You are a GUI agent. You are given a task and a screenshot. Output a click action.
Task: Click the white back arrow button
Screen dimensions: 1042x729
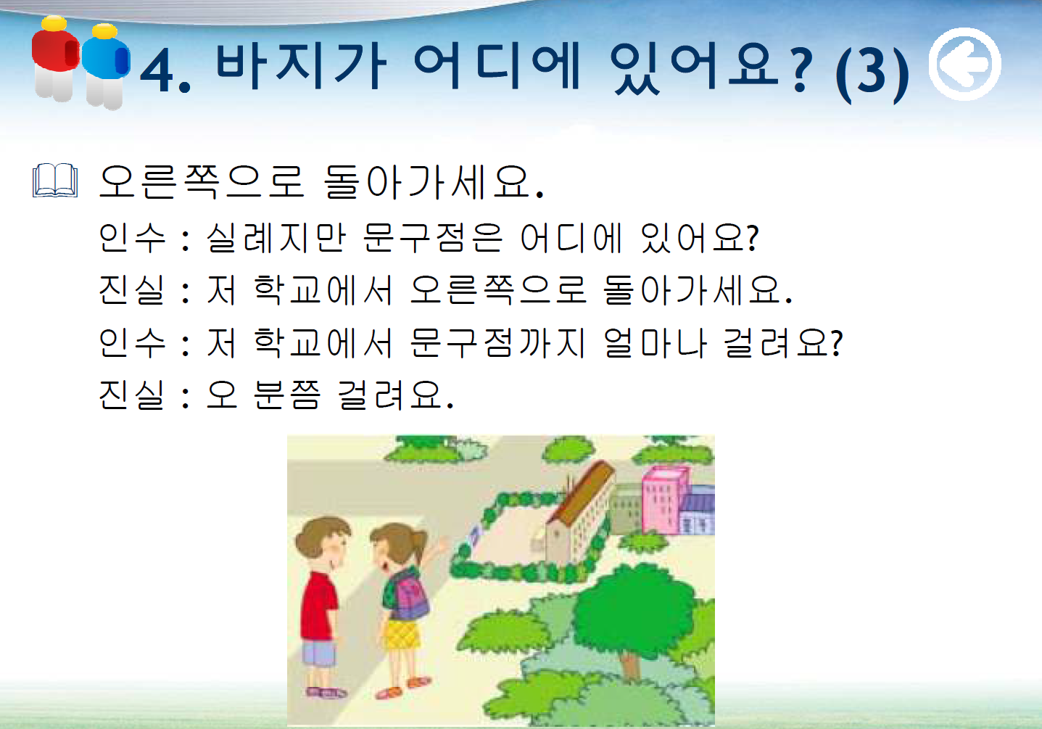[x=965, y=65]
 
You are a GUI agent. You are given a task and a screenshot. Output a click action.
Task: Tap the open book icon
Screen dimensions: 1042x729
[x=55, y=180]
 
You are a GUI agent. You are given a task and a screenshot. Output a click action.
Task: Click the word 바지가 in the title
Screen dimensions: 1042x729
[x=301, y=65]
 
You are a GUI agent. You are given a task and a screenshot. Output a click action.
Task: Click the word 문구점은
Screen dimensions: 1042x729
[x=433, y=237]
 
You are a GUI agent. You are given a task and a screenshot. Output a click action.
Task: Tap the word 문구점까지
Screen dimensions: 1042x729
[x=497, y=343]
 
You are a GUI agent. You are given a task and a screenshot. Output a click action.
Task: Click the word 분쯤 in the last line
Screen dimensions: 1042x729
[x=287, y=395]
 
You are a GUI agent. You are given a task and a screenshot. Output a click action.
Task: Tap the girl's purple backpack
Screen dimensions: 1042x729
[x=410, y=596]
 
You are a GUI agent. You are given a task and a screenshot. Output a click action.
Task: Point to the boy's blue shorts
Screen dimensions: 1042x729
[x=318, y=654]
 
